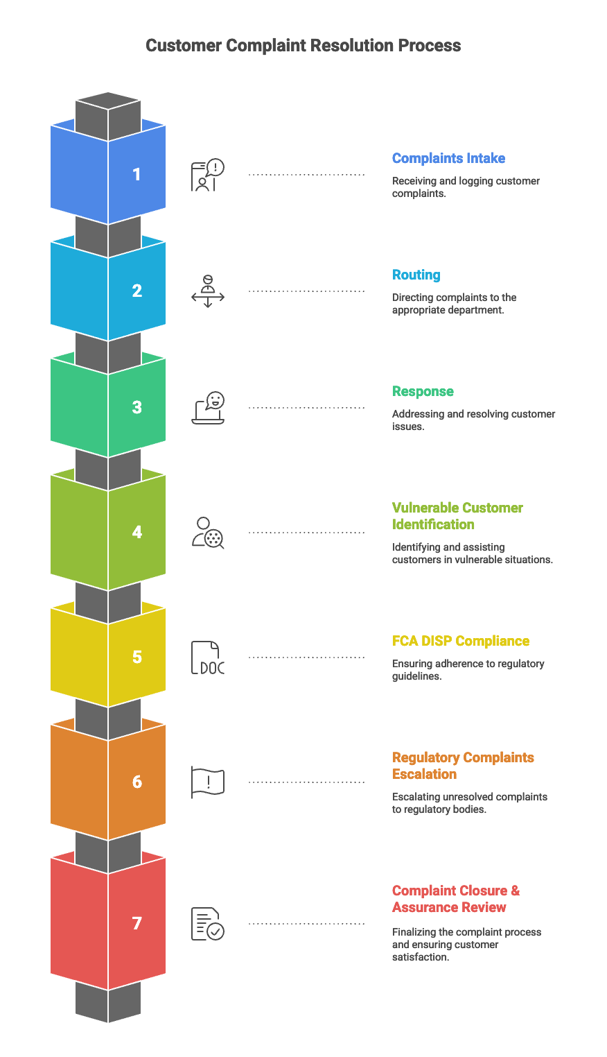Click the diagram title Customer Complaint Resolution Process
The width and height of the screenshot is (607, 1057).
pyautogui.click(x=303, y=46)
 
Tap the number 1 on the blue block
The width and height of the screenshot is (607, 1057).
pyautogui.click(x=137, y=174)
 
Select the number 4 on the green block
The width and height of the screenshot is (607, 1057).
pyautogui.click(x=137, y=532)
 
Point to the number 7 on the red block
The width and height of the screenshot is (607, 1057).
pyautogui.click(x=137, y=923)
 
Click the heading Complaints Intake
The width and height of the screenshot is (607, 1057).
pyautogui.click(x=448, y=158)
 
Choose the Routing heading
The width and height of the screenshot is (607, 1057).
pyautogui.click(x=416, y=275)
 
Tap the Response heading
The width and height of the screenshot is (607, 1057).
pyautogui.click(x=423, y=391)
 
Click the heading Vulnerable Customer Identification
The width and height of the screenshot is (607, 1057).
pyautogui.click(x=457, y=516)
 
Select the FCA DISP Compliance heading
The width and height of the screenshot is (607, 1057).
pyautogui.click(x=460, y=641)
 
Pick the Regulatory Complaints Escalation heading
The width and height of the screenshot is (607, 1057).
pyautogui.click(x=463, y=766)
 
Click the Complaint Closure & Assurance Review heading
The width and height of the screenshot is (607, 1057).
pyautogui.click(x=455, y=899)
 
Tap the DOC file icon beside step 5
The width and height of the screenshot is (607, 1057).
pyautogui.click(x=207, y=658)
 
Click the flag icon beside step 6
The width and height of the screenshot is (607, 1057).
pyautogui.click(x=207, y=782)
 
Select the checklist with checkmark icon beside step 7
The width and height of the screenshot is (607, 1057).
pyautogui.click(x=207, y=924)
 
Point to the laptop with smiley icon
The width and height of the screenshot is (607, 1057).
pyautogui.click(x=208, y=408)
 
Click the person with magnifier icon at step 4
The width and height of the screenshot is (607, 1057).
pyautogui.click(x=207, y=533)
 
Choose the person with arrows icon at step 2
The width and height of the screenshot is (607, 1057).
pyautogui.click(x=207, y=291)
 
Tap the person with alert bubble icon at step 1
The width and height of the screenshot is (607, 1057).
pyautogui.click(x=207, y=175)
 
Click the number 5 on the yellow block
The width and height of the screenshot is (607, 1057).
pyautogui.click(x=137, y=657)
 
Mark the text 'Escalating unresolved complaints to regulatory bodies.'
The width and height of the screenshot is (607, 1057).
pyautogui.click(x=469, y=803)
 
